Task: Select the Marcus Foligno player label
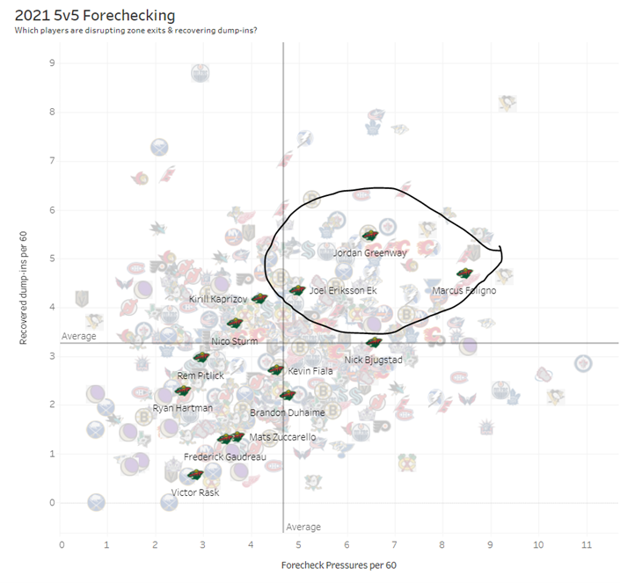[x=464, y=290]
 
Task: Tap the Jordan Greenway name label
[x=369, y=253]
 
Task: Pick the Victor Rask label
[x=195, y=492]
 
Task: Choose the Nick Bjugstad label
[x=372, y=360]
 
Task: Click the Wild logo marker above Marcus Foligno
[x=465, y=274]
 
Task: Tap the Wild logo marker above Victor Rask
[x=195, y=475]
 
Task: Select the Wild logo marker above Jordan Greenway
[x=370, y=235]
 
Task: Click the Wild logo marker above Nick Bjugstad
[x=374, y=342]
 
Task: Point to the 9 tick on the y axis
[x=52, y=62]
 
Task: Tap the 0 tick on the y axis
[x=52, y=503]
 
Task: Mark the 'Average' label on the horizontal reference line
[x=78, y=336]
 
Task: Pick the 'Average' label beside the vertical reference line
[x=303, y=527]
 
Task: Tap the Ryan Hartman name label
[x=182, y=408]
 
